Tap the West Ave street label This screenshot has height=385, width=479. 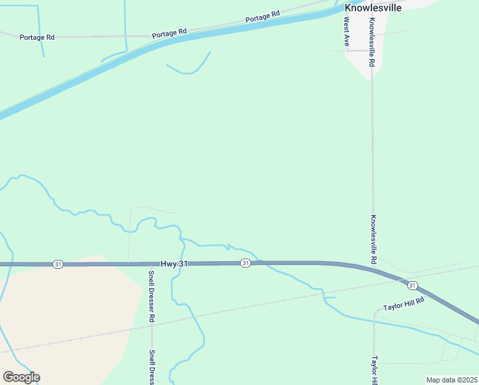pyautogui.click(x=346, y=31)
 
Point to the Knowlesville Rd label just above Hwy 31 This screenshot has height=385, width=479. pyautogui.click(x=373, y=239)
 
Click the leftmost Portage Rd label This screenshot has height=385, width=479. pyautogui.click(x=37, y=37)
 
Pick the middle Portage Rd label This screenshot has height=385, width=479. pyautogui.click(x=169, y=31)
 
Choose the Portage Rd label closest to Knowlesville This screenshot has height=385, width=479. pyautogui.click(x=263, y=17)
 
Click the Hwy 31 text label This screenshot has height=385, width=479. pyautogui.click(x=174, y=264)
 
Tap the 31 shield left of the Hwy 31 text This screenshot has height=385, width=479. pyautogui.click(x=58, y=264)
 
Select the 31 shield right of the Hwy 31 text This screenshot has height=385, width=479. pyautogui.click(x=245, y=263)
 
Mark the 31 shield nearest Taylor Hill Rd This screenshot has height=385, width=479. pyautogui.click(x=412, y=285)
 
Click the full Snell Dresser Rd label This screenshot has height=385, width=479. pyautogui.click(x=152, y=296)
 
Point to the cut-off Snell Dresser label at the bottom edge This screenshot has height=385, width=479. pyautogui.click(x=152, y=367)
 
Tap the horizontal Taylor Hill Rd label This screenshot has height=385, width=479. pyautogui.click(x=404, y=304)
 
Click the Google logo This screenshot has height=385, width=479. pyautogui.click(x=21, y=377)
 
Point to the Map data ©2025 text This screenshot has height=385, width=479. pyautogui.click(x=451, y=380)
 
